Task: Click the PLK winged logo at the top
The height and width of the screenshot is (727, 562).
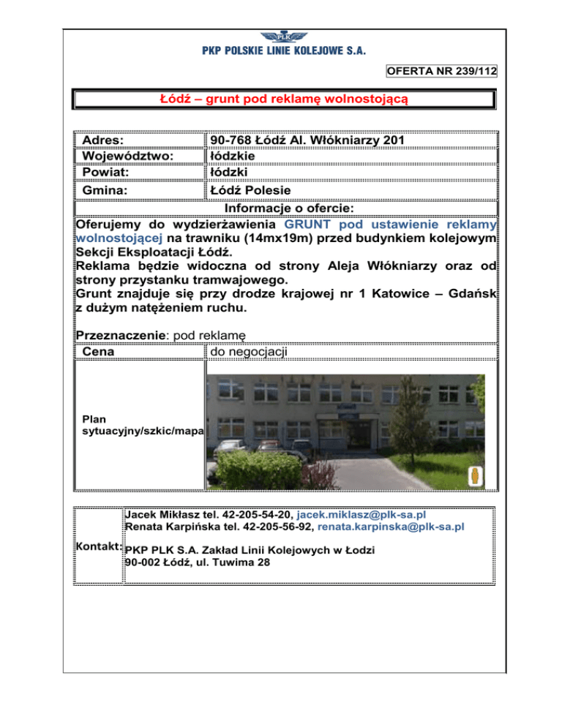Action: pyautogui.click(x=282, y=37)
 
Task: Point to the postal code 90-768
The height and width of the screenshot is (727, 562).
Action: pyautogui.click(x=233, y=140)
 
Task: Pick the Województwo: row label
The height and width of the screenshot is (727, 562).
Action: pyautogui.click(x=127, y=156)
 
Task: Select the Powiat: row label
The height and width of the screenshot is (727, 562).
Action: pyautogui.click(x=105, y=173)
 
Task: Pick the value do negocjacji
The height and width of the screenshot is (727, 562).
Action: pyautogui.click(x=249, y=351)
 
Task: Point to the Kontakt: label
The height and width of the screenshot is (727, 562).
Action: pyautogui.click(x=99, y=546)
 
